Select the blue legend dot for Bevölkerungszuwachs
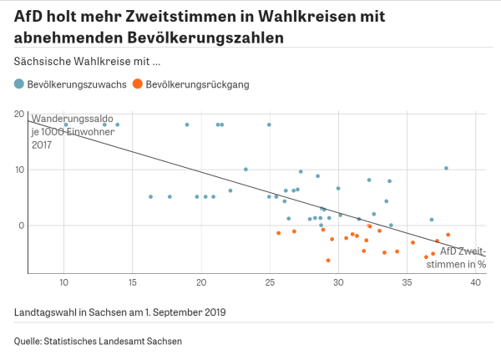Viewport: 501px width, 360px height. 19,84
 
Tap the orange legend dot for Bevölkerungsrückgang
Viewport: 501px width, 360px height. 138,84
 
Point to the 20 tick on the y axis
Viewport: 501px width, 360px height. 19,114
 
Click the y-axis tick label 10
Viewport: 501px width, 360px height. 19,170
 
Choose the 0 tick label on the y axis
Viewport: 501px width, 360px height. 22,226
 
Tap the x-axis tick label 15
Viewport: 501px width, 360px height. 133,282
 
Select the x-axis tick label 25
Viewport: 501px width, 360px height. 270,282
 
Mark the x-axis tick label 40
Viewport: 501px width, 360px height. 475,282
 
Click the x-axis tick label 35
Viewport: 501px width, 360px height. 407,282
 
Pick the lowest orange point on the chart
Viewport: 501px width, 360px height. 328,261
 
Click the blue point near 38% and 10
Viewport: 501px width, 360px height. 446,168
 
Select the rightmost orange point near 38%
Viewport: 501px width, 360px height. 448,235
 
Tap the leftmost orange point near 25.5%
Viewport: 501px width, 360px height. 279,233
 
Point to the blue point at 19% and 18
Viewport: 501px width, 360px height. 187,124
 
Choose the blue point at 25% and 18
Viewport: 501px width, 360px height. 269,124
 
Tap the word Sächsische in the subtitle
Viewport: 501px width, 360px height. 41,61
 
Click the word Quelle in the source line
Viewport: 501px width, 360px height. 29,341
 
